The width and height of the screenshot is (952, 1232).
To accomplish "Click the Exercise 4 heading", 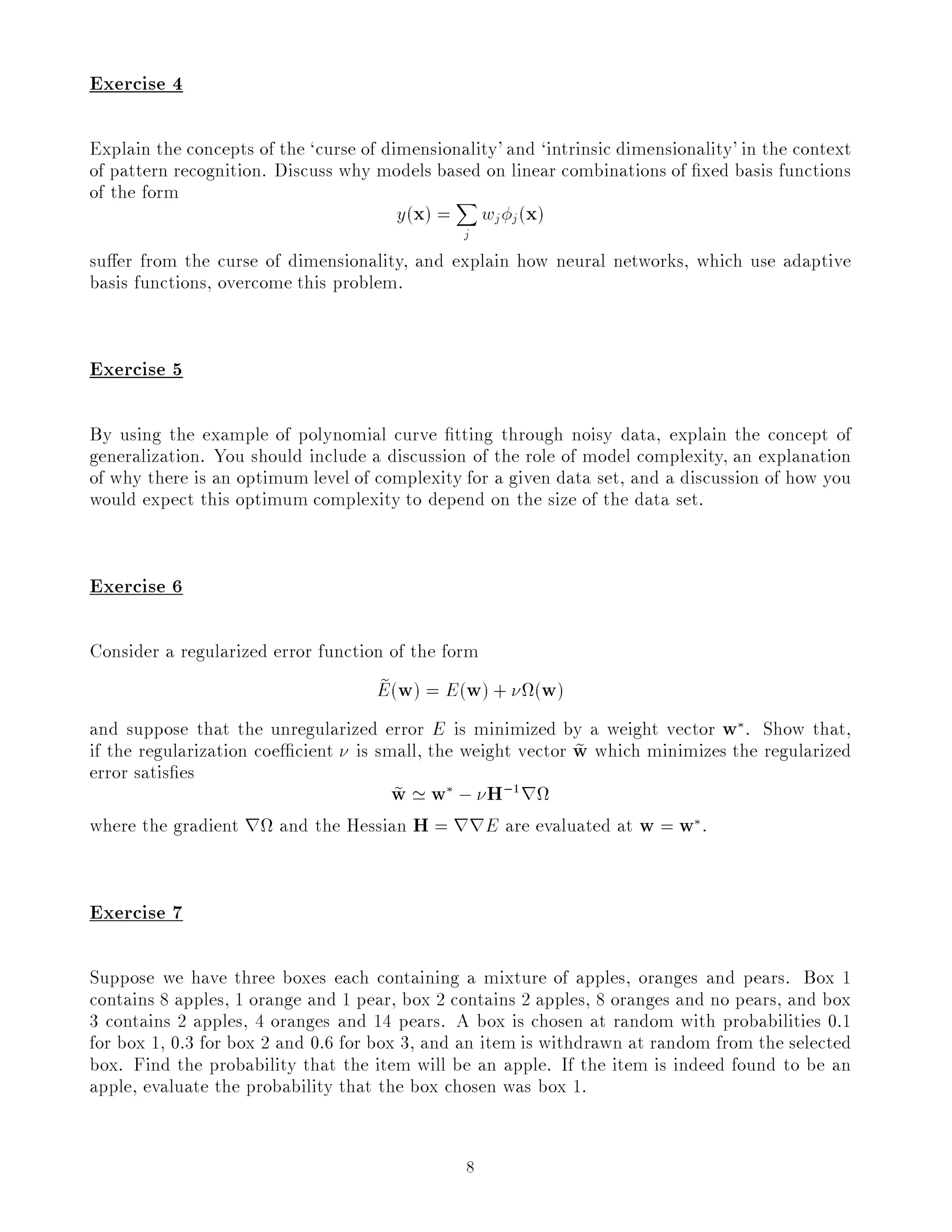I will click(136, 84).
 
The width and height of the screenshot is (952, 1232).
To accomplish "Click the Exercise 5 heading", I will click(136, 369).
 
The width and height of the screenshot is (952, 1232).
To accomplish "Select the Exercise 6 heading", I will click(136, 586).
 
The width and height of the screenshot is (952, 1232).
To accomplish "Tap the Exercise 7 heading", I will click(136, 912).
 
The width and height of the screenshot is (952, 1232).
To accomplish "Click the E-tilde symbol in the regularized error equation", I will click(383, 689).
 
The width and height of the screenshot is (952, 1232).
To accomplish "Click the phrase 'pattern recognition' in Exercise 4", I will click(186, 171).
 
